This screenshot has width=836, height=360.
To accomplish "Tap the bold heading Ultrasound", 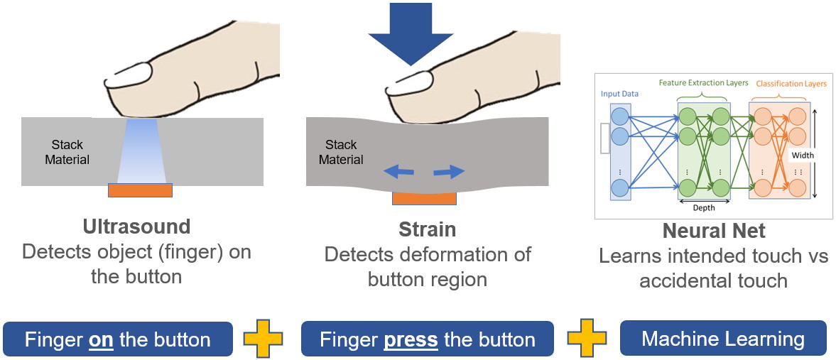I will click(136, 227).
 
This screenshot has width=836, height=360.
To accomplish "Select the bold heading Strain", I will click(427, 229).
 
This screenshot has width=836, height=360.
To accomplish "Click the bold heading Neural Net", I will click(713, 231).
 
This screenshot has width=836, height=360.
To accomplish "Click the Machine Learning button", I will click(723, 339).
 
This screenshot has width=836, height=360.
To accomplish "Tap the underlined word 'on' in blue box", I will click(102, 340).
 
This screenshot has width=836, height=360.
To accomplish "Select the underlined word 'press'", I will click(411, 340).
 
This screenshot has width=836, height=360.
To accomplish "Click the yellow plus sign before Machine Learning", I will click(587, 339).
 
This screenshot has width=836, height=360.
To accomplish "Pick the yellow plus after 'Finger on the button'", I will click(263, 339).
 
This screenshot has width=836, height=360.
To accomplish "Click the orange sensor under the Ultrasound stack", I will click(140, 190).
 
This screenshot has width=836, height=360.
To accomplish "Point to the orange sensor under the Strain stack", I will click(424, 198).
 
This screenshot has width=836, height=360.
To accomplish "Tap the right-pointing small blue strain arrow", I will click(449, 171).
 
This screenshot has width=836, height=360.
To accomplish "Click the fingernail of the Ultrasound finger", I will click(129, 73).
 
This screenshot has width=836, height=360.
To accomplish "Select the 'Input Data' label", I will click(619, 94).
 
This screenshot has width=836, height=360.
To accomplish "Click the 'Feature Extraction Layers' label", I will click(703, 83).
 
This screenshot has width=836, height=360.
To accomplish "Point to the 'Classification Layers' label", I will click(791, 84).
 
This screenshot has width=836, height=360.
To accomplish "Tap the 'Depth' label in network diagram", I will click(703, 207).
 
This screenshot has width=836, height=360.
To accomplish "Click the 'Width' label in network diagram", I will click(803, 155).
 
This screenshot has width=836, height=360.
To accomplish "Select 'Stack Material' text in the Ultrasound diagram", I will click(67, 153).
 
